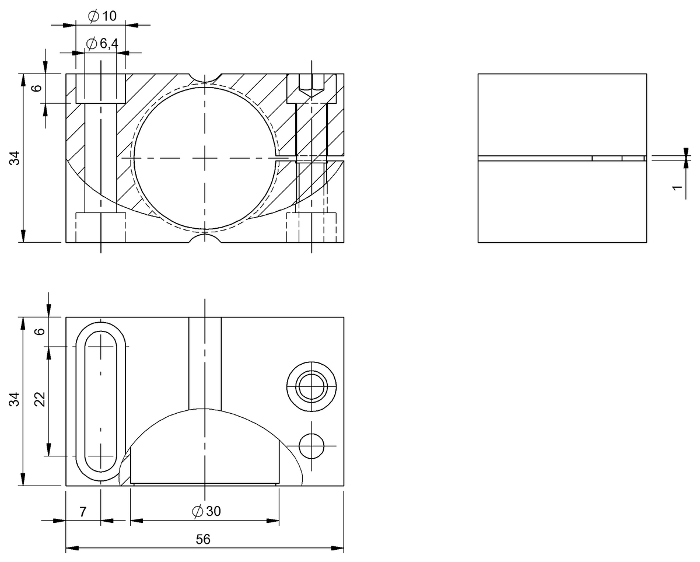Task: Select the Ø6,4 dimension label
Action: pos(102,44)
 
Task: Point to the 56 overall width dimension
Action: pos(203,539)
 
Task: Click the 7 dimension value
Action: pos(83,512)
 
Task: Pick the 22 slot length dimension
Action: pos(39,400)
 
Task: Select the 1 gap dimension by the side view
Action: pos(677,189)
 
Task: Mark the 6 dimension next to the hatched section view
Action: pos(36,88)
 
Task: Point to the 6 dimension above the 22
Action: pos(39,331)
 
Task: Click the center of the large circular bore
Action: pos(205,158)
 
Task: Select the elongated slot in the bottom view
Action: pos(101,402)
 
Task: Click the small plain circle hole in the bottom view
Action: pos(311,446)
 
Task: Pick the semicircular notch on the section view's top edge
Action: pos(205,78)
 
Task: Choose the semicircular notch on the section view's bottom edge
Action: pos(205,238)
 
